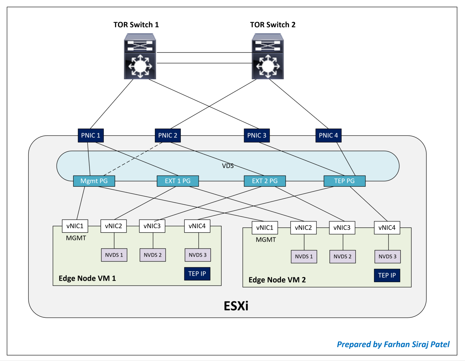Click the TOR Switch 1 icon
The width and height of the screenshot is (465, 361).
tap(140, 56)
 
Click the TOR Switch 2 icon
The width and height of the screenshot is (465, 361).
tap(268, 56)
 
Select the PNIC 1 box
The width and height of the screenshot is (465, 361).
tap(91, 135)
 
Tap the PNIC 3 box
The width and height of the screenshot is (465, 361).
tap(257, 135)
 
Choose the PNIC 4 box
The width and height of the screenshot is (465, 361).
tap(328, 135)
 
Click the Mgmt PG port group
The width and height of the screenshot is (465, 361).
tap(94, 181)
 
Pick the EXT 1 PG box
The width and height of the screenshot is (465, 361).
tap(178, 181)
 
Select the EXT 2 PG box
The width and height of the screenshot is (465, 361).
tap(264, 181)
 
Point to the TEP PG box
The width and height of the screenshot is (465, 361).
tap(344, 181)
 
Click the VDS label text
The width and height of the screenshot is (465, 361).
tap(228, 166)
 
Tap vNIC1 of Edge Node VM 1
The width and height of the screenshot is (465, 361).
tap(75, 226)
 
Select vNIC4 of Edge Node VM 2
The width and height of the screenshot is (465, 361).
tap(387, 228)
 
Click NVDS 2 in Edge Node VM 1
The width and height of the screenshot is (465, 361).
tap(152, 255)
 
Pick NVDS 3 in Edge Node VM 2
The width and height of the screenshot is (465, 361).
tap(387, 257)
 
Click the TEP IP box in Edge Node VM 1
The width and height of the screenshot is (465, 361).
tap(197, 274)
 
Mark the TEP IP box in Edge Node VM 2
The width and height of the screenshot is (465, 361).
tap(387, 275)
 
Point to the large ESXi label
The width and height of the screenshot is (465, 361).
tap(236, 306)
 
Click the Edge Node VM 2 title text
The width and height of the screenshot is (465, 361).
tap(277, 280)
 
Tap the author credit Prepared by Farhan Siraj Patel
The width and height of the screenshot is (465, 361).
tap(393, 344)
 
